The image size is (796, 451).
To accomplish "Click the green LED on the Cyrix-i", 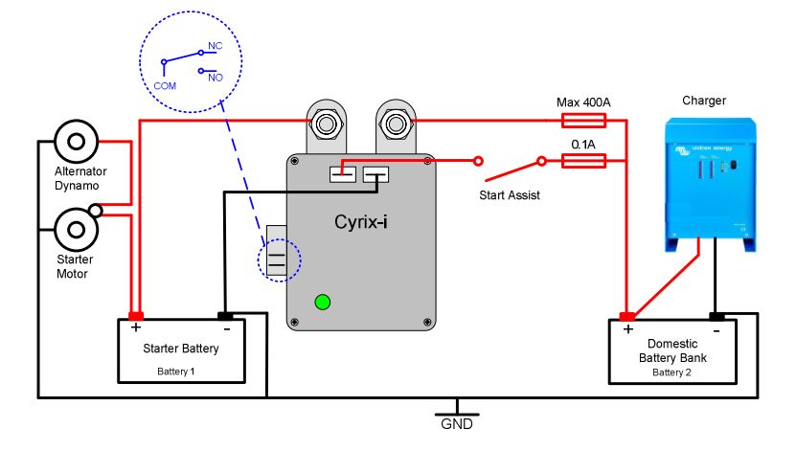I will pos(322,303).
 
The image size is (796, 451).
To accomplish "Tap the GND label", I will pos(457,423).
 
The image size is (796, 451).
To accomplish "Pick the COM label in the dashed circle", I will pos(165,85).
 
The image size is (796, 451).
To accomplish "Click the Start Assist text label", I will pos(510,195).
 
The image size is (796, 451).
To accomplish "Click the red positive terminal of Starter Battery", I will pos(136,316).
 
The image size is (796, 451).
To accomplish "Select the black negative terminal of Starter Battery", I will pos(225,316).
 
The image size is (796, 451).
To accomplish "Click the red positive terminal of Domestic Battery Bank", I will pos(627,316).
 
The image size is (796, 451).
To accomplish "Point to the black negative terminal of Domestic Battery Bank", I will pos(716,316).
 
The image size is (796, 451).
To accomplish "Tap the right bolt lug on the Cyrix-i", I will pos(394,124).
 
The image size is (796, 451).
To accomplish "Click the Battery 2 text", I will pos(671,372).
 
